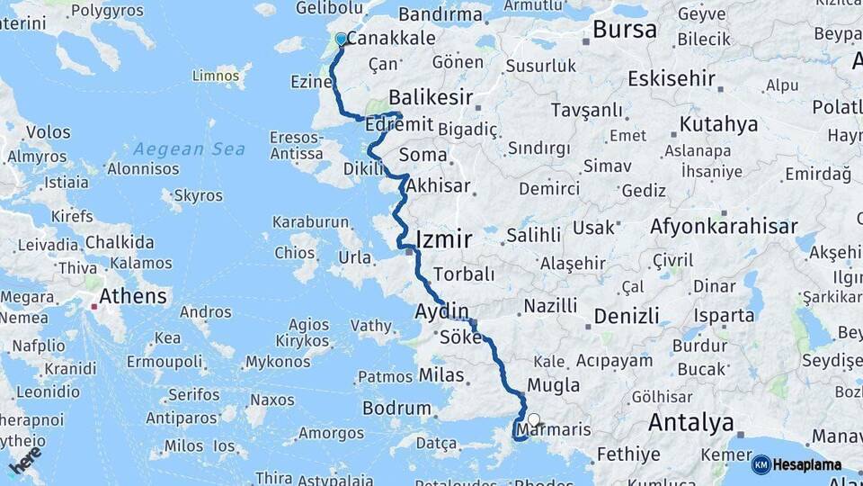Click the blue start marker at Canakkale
[341, 40]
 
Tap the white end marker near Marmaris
[534, 419]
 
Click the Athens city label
[133, 296]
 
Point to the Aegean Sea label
[176, 148]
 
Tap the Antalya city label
[690, 422]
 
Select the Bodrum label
[396, 408]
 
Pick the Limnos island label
[216, 76]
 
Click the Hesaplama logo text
[806, 465]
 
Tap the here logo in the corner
[25, 461]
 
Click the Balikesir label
[431, 96]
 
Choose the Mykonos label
[277, 362]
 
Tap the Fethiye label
[628, 454]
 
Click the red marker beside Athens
[92, 307]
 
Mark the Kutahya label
[718, 124]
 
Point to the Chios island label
[295, 253]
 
